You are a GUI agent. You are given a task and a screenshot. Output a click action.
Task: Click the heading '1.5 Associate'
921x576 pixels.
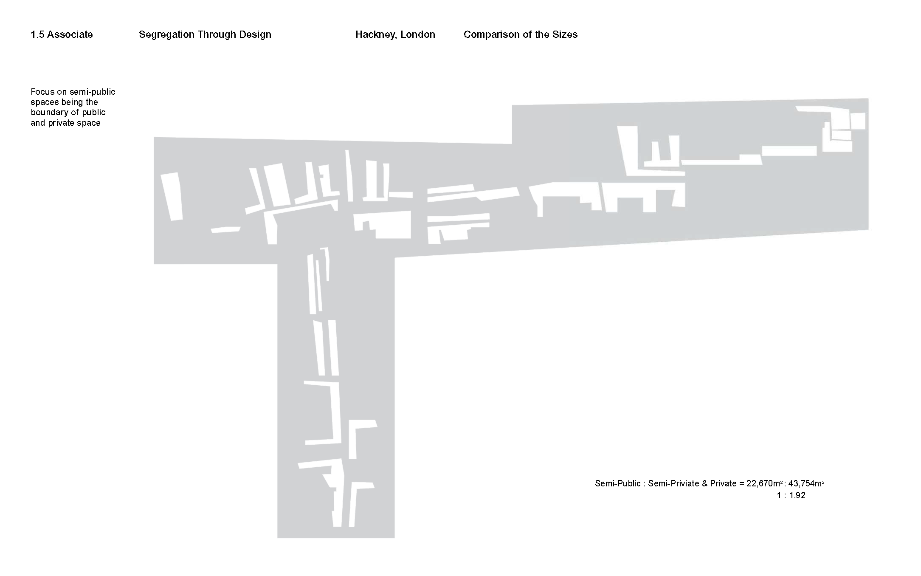pyautogui.click(x=62, y=34)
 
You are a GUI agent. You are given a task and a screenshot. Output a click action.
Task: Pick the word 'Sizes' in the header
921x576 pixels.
pyautogui.click(x=565, y=34)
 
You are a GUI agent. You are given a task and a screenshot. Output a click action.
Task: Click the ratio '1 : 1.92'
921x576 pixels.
pyautogui.click(x=791, y=495)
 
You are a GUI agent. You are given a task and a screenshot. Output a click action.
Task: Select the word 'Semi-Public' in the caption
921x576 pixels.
pyautogui.click(x=618, y=483)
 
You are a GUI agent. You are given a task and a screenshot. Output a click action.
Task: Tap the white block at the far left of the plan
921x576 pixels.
pyautogui.click(x=171, y=196)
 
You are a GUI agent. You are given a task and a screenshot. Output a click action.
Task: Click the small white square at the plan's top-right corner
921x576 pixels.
pyautogui.click(x=858, y=121)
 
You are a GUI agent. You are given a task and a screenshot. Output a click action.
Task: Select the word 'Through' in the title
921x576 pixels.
pyautogui.click(x=217, y=35)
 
